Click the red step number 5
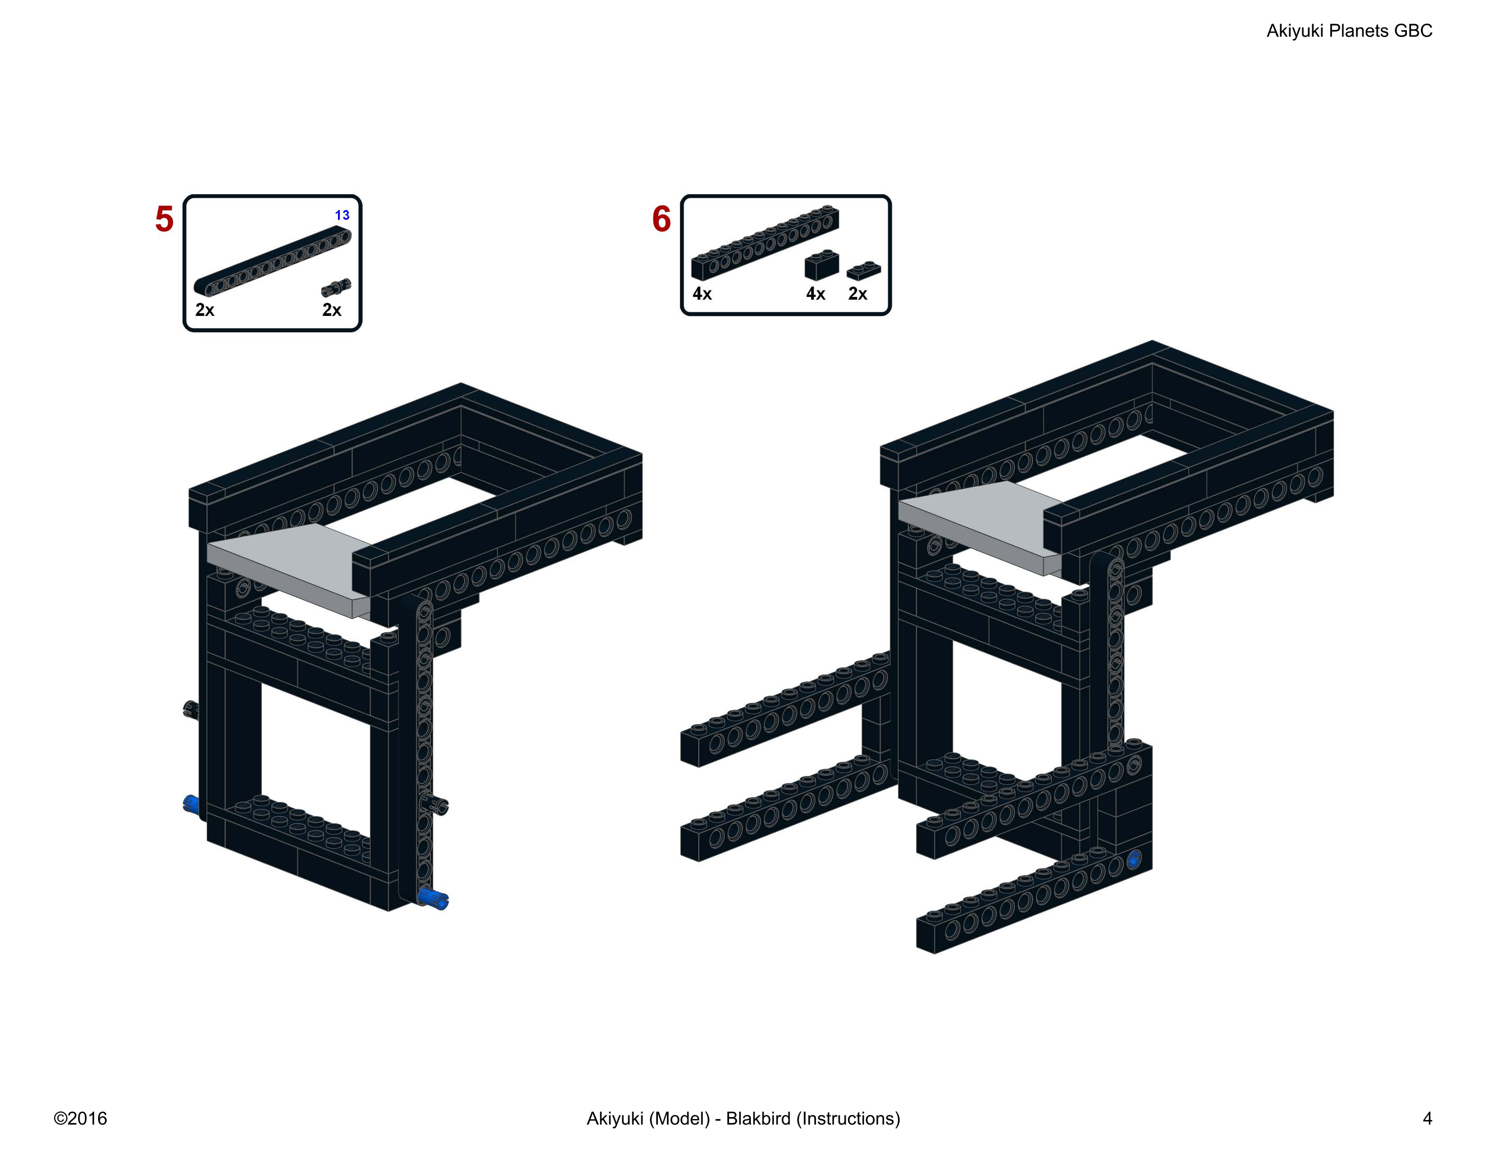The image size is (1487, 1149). point(164,219)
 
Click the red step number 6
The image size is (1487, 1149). point(661,219)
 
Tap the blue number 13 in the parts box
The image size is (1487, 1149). point(342,215)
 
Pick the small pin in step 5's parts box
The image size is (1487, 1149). point(336,287)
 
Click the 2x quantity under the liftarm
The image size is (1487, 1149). point(204,310)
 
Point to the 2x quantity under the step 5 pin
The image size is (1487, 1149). point(331,310)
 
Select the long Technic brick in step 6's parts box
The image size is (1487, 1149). point(766,243)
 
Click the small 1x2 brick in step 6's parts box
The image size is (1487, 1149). point(822,265)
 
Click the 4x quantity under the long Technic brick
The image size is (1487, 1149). point(702,294)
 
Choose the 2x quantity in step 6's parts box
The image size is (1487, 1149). point(858,294)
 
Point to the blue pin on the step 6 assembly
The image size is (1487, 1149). point(1134,860)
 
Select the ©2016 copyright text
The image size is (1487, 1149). point(80,1118)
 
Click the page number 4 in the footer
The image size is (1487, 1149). point(1428,1118)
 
